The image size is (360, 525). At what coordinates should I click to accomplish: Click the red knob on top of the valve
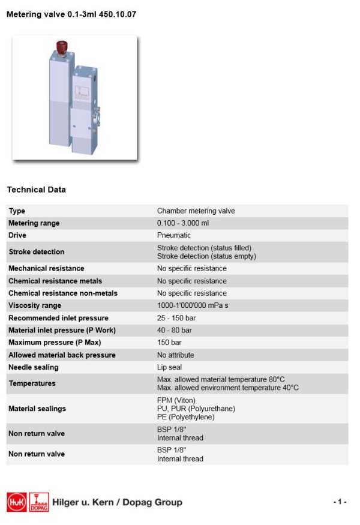[61, 46]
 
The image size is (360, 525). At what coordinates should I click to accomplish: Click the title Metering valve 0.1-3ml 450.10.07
[71, 14]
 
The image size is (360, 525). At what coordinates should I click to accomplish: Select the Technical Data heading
[37, 190]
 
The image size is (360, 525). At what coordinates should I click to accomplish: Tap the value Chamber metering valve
[196, 211]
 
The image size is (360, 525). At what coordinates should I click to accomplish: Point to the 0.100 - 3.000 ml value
[183, 223]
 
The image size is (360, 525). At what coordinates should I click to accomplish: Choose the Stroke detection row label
[36, 251]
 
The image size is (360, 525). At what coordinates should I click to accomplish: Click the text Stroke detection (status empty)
[206, 256]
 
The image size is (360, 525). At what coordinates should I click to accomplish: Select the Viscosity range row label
[35, 305]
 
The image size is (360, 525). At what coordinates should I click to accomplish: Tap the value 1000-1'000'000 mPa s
[193, 305]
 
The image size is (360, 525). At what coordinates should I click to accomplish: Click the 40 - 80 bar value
[174, 330]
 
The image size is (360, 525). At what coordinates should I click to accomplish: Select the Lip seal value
[169, 367]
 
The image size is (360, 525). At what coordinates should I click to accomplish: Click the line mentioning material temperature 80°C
[221, 379]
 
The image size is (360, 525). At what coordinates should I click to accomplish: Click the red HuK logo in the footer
[16, 502]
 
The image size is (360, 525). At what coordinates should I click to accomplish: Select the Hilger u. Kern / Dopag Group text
[117, 502]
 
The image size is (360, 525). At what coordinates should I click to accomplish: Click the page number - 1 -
[340, 502]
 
